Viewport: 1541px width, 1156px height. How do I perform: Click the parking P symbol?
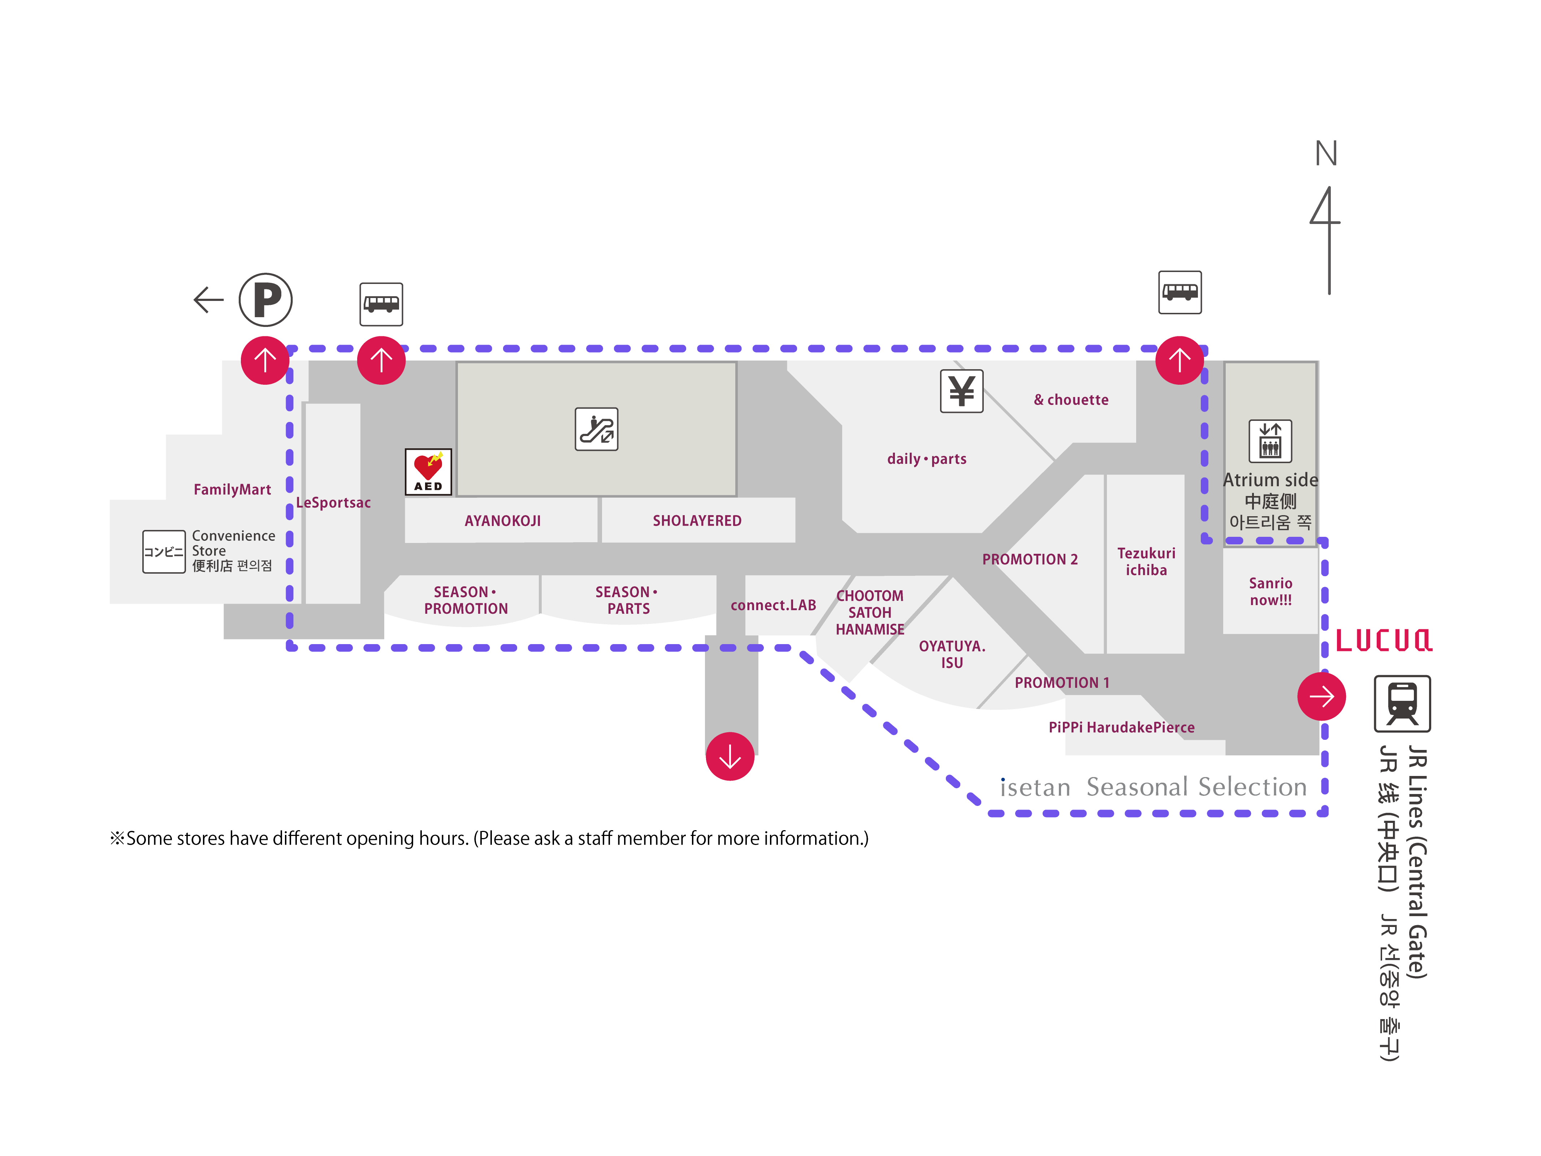click(265, 299)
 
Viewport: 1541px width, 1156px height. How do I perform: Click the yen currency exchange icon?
click(961, 391)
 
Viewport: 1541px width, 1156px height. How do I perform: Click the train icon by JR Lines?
click(1402, 703)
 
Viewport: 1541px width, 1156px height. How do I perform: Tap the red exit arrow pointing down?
click(730, 756)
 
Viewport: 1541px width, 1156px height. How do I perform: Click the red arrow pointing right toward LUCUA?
click(1321, 696)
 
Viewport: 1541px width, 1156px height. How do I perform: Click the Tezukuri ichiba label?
click(1146, 562)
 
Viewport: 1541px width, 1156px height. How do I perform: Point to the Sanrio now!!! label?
click(1270, 592)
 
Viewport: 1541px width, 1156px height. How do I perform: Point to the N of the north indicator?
click(1326, 153)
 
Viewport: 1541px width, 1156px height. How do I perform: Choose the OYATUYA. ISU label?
click(952, 654)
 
